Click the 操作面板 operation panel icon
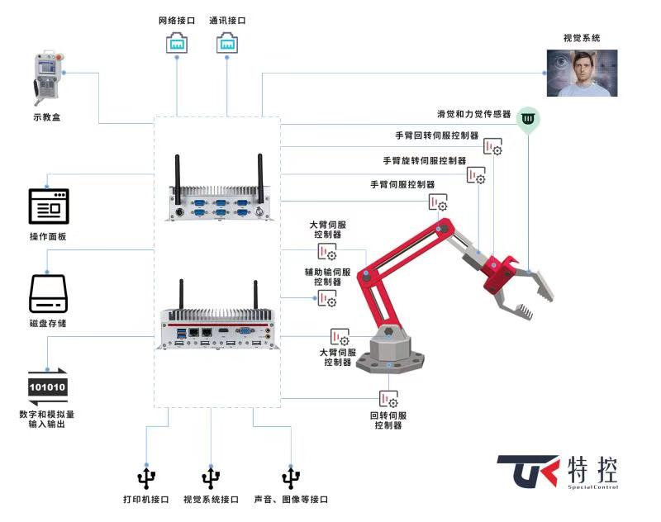point(49,206)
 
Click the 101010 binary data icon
point(48,387)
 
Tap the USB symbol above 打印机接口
point(146,477)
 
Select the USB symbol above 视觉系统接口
point(212,477)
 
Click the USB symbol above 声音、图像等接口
point(290,477)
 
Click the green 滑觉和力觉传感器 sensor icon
point(528,121)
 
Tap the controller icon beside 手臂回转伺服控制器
point(493,148)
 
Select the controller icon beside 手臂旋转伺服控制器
point(476,175)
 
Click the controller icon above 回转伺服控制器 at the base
point(388,400)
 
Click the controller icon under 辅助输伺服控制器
point(328,298)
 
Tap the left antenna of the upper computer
point(176,174)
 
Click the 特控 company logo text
point(593,470)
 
